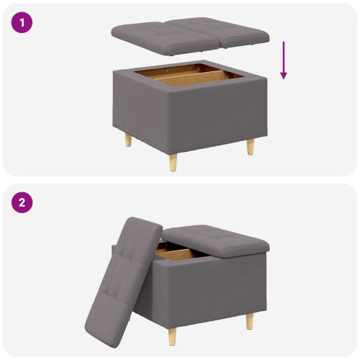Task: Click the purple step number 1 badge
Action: point(22,22)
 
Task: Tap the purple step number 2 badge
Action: point(22,202)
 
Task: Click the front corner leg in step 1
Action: point(174,162)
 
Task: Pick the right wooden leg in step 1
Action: point(250,146)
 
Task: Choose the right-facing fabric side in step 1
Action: point(216,115)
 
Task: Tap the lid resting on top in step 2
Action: point(216,240)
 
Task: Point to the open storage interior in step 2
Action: point(176,253)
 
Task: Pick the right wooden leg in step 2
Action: point(250,321)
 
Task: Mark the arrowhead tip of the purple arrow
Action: point(284,78)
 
